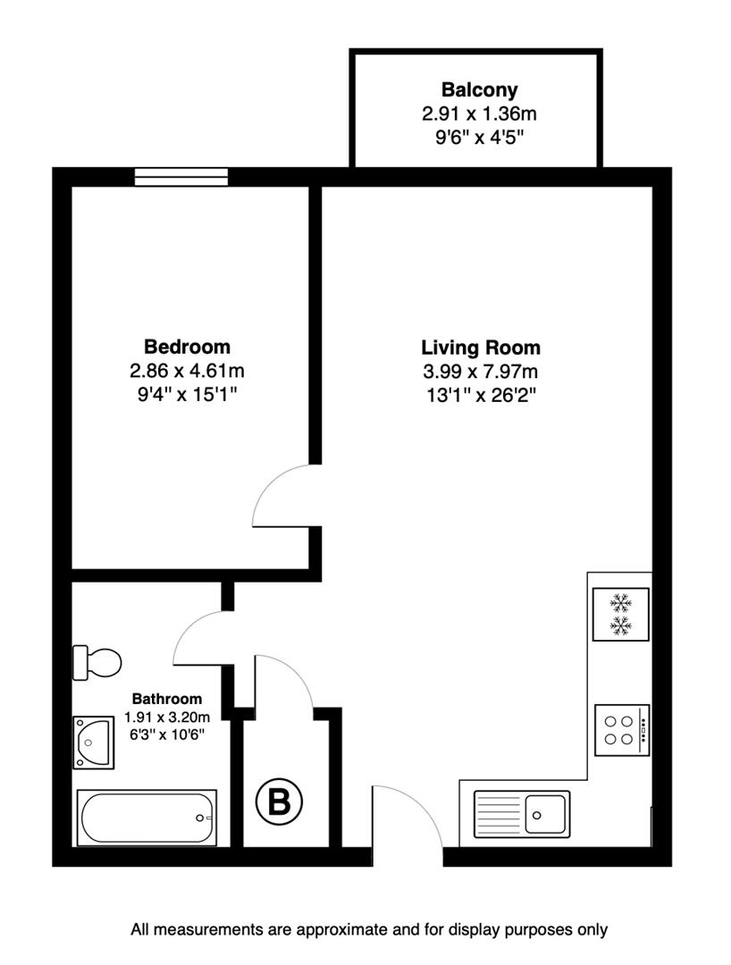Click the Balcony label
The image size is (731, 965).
[479, 90]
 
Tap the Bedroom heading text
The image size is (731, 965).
[187, 347]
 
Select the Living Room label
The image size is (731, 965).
[481, 348]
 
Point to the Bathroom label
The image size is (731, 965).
[167, 699]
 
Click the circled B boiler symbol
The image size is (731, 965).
[280, 801]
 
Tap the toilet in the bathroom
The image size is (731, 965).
[97, 662]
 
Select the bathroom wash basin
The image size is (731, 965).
[93, 741]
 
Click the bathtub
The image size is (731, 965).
[147, 817]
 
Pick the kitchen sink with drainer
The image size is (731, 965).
[522, 813]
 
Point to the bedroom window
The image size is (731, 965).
[181, 177]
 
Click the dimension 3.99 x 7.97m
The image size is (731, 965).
[481, 371]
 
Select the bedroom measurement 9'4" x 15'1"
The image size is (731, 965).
[187, 392]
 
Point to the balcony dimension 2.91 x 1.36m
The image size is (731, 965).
[479, 113]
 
